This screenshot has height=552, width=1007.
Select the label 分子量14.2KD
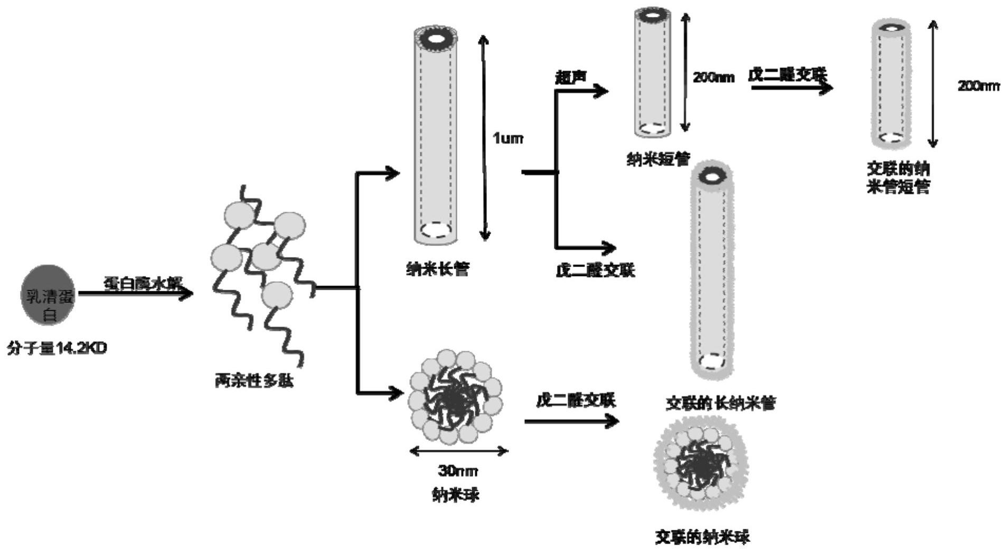point(57,348)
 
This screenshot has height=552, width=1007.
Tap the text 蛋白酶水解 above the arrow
point(143,283)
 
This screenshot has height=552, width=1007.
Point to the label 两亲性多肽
point(254,380)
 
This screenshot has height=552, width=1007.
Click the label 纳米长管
point(437,269)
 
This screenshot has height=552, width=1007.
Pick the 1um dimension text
point(507,138)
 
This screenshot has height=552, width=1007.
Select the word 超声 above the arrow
point(571,78)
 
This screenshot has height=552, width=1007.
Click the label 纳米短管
point(658,159)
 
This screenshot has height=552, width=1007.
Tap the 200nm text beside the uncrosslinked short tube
point(713,78)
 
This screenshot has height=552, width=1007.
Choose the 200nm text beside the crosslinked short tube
point(978,86)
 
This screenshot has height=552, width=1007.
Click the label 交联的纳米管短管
point(898,178)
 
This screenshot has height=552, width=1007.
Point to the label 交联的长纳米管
point(721,404)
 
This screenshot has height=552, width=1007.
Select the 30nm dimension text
point(458,470)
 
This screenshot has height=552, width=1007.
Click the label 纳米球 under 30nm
point(456,495)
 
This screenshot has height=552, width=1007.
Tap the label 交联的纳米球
point(702,537)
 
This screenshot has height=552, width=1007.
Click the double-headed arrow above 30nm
point(458,451)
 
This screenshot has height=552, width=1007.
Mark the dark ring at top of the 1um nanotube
point(436,39)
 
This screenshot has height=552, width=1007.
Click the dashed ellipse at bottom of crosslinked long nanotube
point(711,362)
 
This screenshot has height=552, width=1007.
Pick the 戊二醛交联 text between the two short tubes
point(787,75)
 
